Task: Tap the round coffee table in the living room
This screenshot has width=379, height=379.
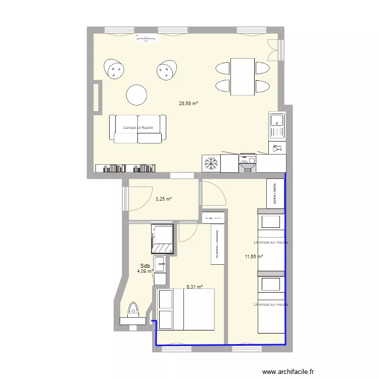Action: click(137, 94)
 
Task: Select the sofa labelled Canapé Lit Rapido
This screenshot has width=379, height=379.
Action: click(137, 128)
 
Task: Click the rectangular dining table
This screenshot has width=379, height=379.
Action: click(243, 76)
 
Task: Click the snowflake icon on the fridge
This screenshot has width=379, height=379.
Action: click(210, 163)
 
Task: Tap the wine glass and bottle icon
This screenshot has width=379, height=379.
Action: click(276, 149)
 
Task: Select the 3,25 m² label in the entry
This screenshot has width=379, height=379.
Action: click(163, 199)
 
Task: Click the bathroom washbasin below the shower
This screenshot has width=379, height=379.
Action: click(160, 263)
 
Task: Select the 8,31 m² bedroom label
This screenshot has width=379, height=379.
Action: click(195, 287)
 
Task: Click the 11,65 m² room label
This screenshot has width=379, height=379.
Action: click(254, 257)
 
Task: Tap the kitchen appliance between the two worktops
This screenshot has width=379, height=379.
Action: click(248, 163)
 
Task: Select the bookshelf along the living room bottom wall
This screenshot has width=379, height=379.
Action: click(125, 169)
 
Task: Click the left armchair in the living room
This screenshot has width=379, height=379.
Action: click(115, 69)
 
